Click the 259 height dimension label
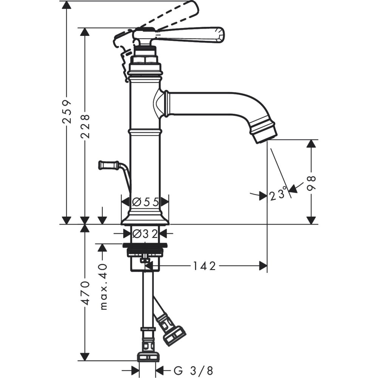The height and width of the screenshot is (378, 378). coord(67,112)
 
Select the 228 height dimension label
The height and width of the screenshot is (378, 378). coord(85,126)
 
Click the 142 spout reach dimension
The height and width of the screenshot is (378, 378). coord(204,266)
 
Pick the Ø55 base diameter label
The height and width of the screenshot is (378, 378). coord(145,202)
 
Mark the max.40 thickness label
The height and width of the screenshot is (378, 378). coord(103,287)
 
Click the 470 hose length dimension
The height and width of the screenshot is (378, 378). coord(86,293)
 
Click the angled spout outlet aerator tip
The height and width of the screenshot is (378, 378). coord(264,132)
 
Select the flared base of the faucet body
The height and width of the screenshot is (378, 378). coord(145,218)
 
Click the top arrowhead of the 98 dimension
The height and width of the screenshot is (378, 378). coord(311,144)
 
